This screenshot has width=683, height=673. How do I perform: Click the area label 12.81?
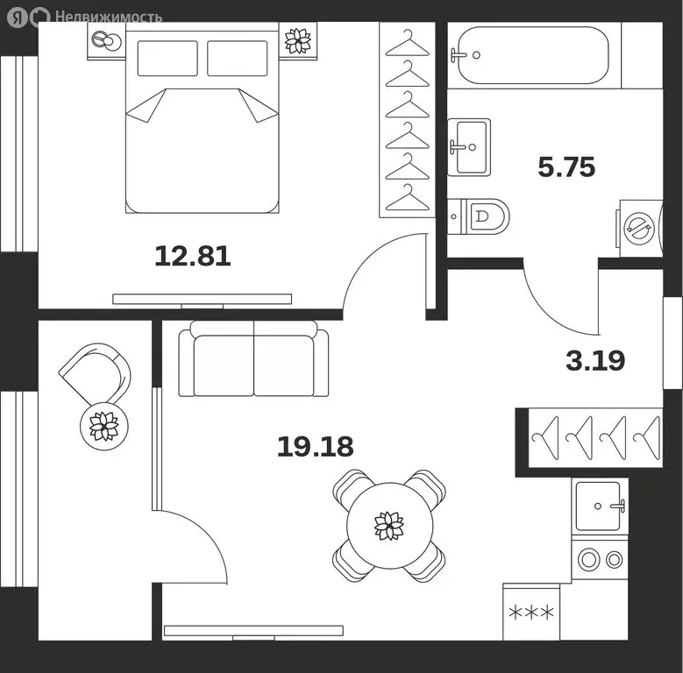pos(193,256)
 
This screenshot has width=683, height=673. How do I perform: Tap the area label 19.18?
pos(316,447)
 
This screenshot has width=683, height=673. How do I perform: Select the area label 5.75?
pos(566,166)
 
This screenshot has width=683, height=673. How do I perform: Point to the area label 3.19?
pos(595,360)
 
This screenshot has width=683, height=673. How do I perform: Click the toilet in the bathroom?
pos(478,216)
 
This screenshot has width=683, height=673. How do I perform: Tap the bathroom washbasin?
pos(469,147)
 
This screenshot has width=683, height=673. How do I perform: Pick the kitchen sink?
pos(600,507)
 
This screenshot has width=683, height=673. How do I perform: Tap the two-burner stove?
pos(600,560)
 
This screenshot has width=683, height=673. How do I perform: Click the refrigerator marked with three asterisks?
pos(531,612)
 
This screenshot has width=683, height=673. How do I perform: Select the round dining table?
pos(390,526)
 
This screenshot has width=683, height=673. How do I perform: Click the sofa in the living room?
pos(254,359)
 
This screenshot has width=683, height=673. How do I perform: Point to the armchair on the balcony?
pos(95,373)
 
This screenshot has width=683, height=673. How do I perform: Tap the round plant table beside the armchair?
pos(104,426)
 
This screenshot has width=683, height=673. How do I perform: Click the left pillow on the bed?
pos(167,59)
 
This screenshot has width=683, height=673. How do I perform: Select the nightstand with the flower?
pos(298,40)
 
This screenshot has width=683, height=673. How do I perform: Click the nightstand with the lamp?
pos(106,41)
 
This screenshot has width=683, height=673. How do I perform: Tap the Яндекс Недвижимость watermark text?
pos(109,17)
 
